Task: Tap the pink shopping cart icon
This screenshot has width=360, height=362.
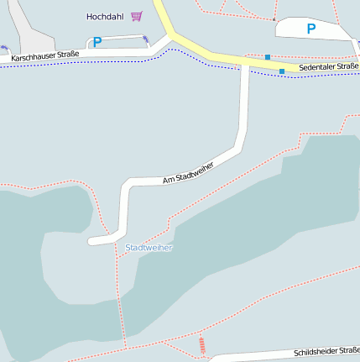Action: point(136,16)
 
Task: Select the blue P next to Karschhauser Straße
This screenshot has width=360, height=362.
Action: point(97,42)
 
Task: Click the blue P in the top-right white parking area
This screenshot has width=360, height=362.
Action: point(311,29)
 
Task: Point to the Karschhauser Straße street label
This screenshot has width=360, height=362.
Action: point(45,55)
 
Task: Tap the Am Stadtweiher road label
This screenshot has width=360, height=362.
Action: point(188,172)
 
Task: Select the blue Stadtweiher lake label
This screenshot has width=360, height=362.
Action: point(149,248)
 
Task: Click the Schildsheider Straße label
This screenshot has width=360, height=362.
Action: point(326,351)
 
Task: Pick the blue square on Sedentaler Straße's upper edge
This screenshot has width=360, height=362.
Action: point(268,57)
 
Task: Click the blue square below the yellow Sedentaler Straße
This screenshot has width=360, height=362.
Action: point(282,71)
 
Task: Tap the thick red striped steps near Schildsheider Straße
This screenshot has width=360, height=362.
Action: point(201,344)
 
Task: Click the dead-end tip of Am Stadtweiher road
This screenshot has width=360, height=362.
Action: point(91,242)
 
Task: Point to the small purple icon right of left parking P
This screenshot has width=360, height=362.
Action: point(146,39)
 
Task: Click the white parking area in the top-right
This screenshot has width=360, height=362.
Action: point(331,30)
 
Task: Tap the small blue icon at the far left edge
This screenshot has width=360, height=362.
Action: point(3,48)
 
